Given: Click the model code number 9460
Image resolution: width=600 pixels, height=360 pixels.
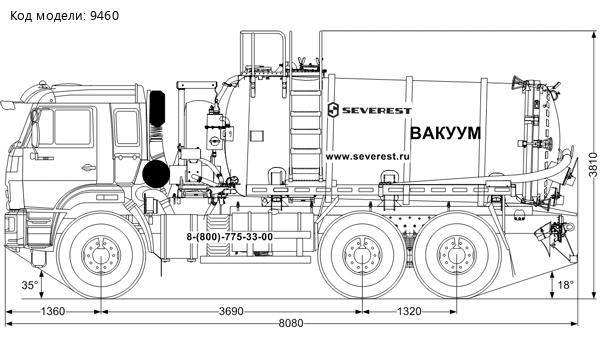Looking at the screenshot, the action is click(104, 16).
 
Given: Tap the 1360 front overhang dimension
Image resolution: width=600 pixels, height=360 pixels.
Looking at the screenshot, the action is click(53, 311).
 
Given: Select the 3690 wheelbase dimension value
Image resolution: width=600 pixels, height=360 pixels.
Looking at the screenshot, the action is click(231, 311).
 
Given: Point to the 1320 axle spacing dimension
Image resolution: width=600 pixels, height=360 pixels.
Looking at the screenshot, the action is click(409, 311).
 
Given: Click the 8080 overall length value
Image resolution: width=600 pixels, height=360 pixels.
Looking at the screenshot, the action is click(291, 324).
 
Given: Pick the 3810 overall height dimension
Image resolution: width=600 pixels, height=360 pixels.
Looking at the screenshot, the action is click(593, 165).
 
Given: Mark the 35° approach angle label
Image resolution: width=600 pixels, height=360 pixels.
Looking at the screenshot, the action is click(30, 285).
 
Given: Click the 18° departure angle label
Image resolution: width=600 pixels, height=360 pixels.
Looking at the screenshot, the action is click(566, 285).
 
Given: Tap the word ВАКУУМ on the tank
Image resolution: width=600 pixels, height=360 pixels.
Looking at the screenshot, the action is click(445, 133).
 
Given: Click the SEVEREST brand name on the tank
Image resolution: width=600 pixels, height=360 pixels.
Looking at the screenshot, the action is click(377, 111).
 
